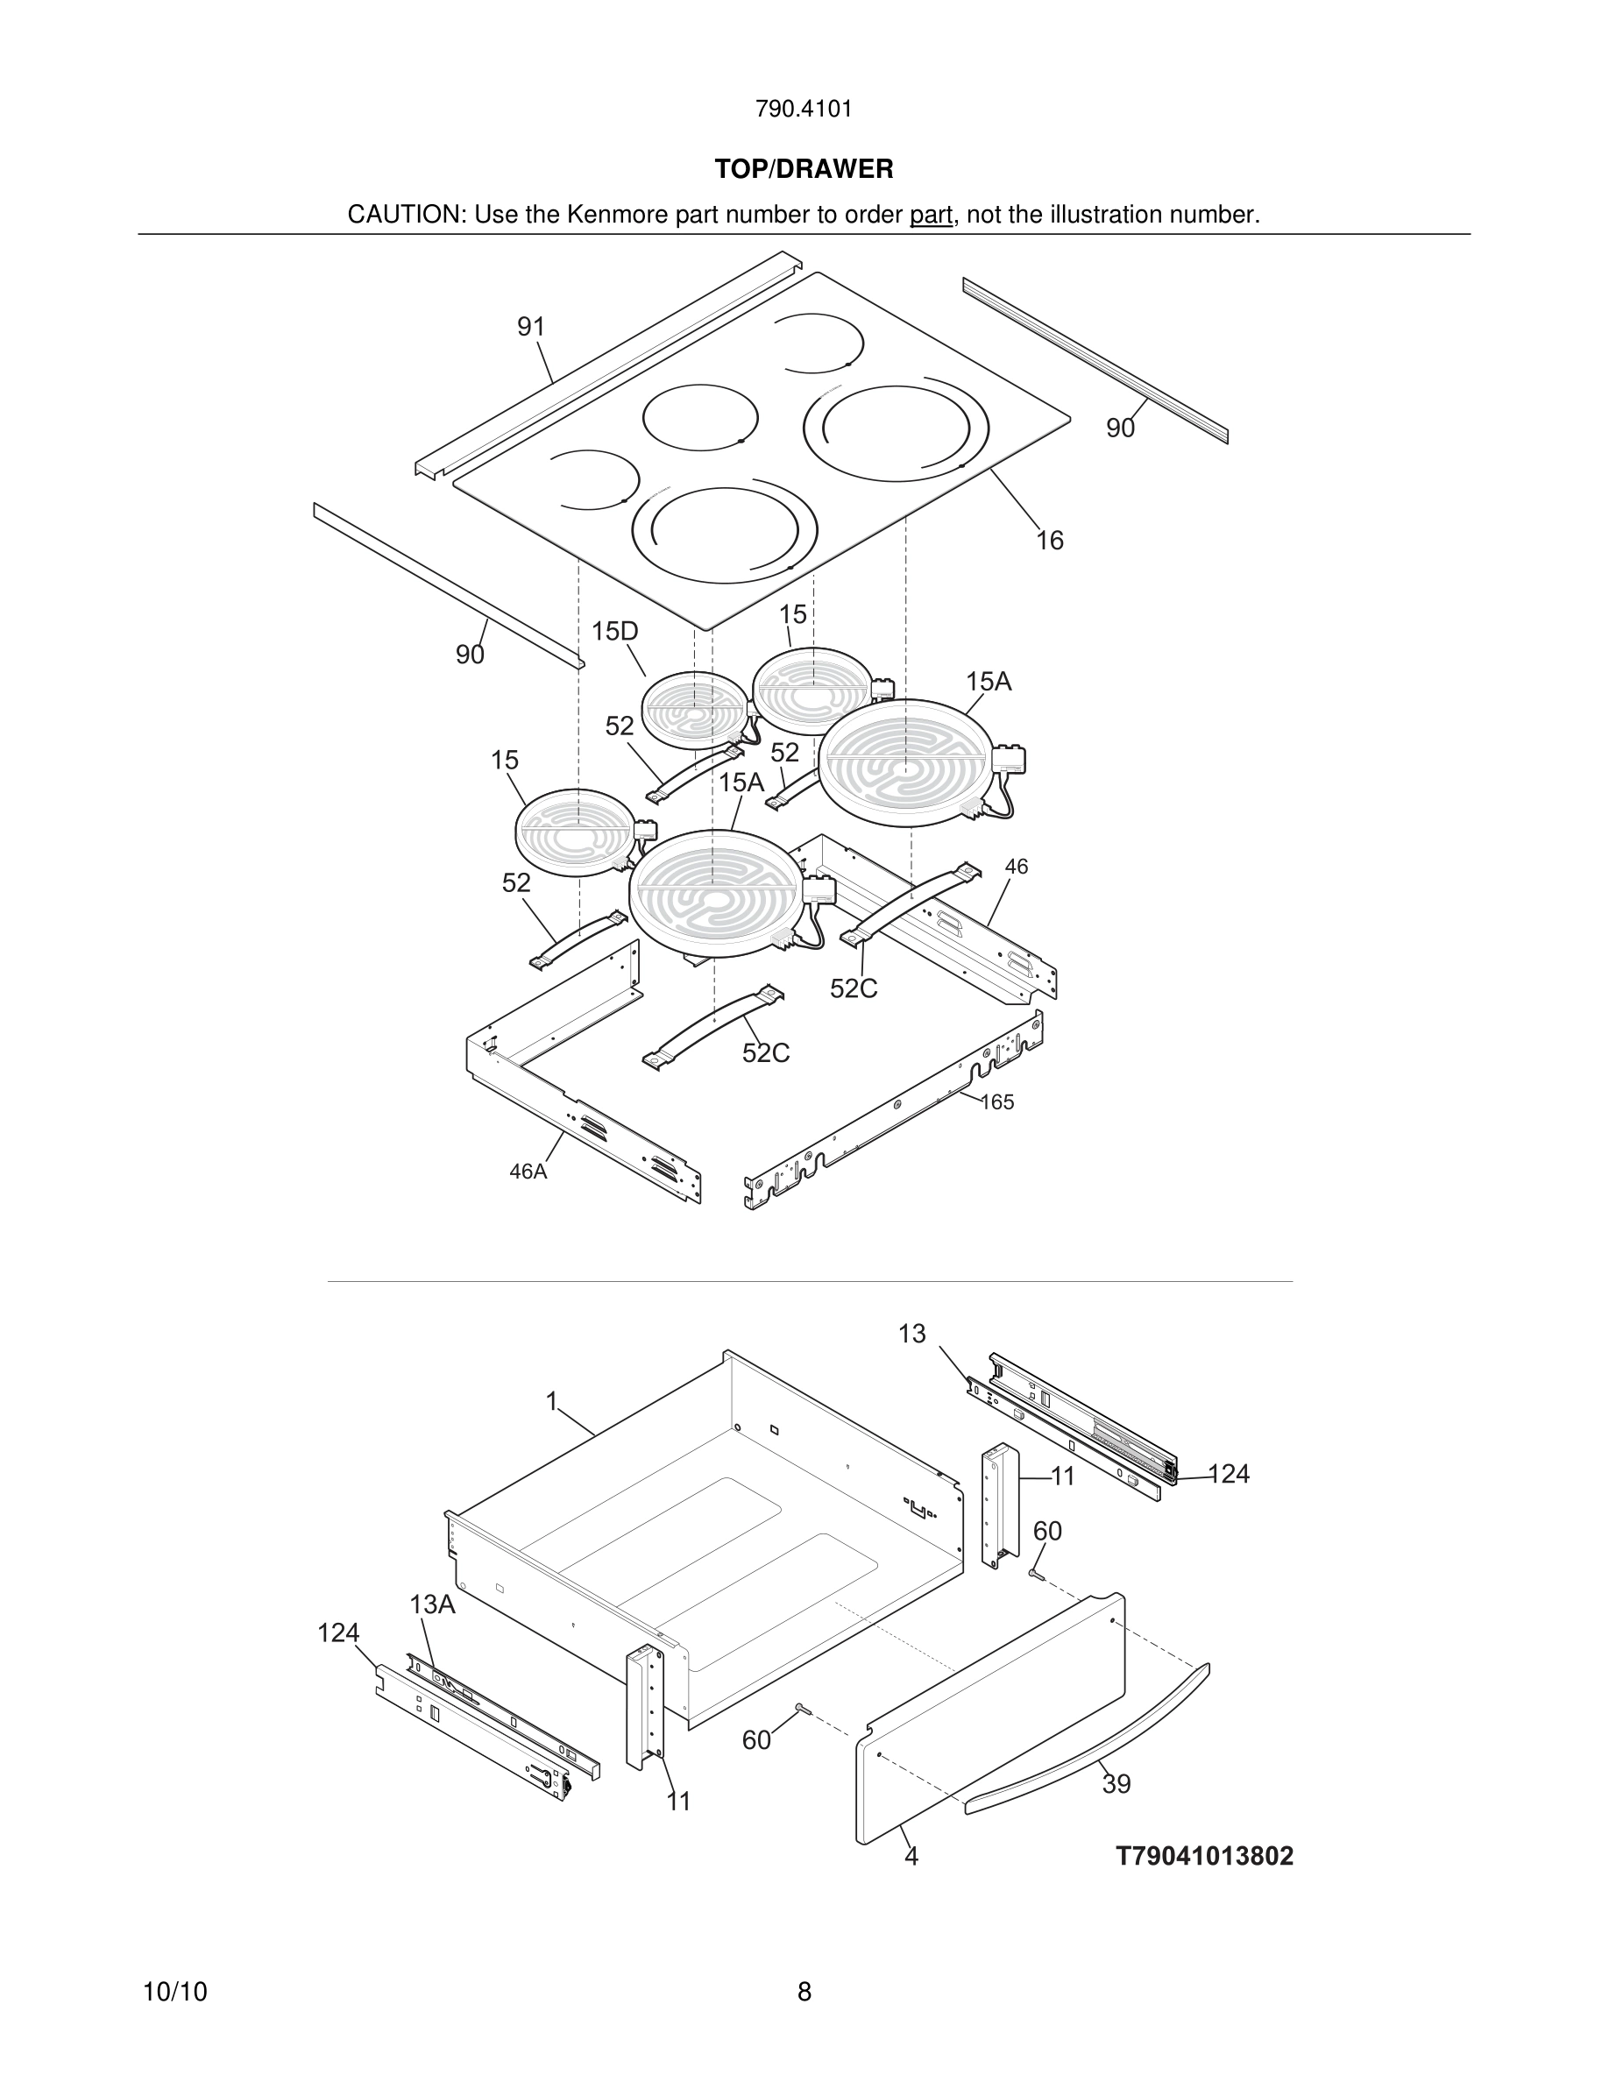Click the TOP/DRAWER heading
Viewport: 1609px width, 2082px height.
tap(804, 169)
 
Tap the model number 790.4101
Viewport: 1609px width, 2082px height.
tap(804, 109)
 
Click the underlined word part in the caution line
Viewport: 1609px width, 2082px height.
tap(931, 215)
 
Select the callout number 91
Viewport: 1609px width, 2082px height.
tap(531, 327)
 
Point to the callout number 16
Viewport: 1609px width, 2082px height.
tap(1050, 541)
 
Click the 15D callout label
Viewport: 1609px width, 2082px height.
tap(615, 631)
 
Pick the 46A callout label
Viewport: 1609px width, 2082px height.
tap(528, 1172)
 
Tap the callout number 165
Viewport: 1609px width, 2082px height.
tap(997, 1102)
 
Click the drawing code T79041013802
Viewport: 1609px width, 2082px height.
tap(1205, 1856)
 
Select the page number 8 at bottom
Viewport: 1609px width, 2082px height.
tap(804, 1992)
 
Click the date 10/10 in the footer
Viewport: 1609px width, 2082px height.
tap(174, 1992)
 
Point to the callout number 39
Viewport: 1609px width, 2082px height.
tap(1116, 1783)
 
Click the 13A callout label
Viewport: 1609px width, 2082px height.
tap(433, 1604)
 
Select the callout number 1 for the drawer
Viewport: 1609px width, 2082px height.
tap(551, 1401)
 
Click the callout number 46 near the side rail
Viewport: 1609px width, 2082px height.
tap(1016, 867)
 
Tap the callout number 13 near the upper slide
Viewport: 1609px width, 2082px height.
tap(911, 1334)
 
